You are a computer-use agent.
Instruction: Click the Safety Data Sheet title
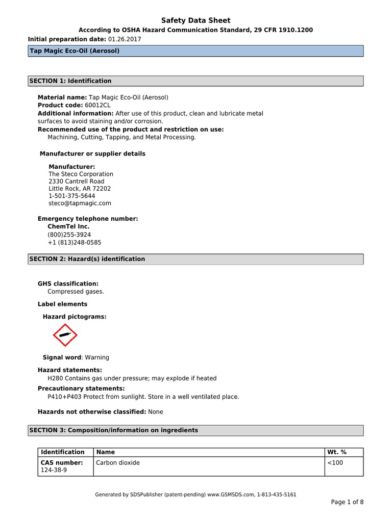196,20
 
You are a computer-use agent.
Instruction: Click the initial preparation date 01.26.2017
125,39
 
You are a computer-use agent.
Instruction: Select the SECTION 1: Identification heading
70,81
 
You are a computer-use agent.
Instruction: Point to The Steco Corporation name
81,174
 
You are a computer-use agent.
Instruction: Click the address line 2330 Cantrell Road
76,181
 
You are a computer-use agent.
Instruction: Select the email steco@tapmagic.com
80,203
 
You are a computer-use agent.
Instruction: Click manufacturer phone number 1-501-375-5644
71,196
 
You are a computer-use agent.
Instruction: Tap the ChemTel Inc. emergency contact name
68,226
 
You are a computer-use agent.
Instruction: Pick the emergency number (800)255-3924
69,235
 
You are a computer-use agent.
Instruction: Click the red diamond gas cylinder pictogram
65,335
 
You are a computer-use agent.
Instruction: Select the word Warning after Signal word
97,357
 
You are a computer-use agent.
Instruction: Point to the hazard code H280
56,378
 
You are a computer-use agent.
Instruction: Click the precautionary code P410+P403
65,397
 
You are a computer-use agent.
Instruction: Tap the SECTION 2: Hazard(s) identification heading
87,259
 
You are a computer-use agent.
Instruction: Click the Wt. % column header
336,452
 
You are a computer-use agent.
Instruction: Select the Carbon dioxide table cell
118,463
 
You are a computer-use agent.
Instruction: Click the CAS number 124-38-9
54,470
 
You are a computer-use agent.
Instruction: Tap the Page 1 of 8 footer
347,502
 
